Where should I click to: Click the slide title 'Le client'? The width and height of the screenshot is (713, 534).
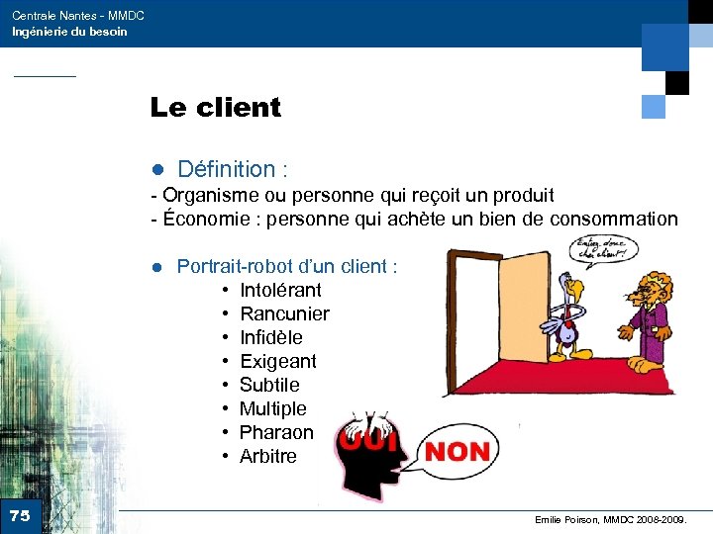pos(215,107)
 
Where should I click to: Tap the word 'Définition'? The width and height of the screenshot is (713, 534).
pos(226,170)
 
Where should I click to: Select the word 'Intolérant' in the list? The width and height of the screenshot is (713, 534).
pos(280,290)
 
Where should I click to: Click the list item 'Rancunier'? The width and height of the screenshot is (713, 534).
pos(284,313)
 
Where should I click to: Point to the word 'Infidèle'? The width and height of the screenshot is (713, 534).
pos(270,337)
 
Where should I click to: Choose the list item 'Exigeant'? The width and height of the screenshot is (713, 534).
pos(277,361)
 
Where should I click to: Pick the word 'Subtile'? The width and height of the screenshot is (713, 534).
pos(268,385)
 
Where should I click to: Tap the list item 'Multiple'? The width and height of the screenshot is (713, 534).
pos(272,408)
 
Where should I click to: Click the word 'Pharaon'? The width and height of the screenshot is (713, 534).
pos(276,432)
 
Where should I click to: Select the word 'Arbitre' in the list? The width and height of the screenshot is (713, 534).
pos(267,456)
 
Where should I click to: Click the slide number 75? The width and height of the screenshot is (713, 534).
pos(20,515)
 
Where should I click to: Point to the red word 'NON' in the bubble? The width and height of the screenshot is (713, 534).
pos(457,453)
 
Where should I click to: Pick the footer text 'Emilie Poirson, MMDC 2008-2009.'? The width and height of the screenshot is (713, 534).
pos(618,519)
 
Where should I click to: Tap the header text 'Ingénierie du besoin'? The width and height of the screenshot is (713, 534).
pos(69,32)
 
